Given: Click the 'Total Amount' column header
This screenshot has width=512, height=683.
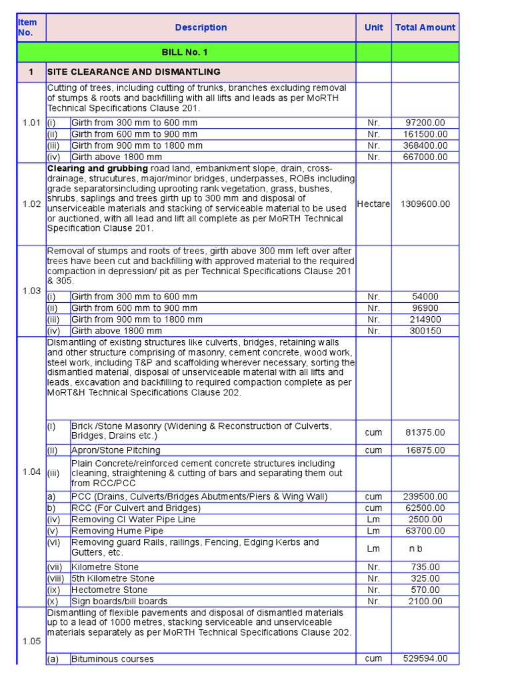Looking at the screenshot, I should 425,27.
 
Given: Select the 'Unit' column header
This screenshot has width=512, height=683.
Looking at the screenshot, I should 373,27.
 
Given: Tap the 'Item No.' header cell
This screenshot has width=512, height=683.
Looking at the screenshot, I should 27,27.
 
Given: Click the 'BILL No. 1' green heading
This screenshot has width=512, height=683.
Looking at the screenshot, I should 185,52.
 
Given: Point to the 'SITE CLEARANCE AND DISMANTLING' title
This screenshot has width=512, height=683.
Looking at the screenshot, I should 133,71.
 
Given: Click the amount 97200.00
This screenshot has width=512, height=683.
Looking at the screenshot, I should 425,123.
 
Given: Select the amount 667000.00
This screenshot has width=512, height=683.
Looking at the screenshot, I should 425,157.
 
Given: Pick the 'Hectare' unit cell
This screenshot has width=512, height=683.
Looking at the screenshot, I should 373,203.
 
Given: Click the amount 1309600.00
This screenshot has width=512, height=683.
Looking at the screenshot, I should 425,203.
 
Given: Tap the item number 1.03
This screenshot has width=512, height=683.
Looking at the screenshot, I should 31,291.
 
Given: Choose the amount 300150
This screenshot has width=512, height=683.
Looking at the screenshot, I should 425,331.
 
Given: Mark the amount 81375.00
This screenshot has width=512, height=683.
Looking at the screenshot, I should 425,432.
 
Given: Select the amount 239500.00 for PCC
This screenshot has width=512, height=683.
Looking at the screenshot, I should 425,496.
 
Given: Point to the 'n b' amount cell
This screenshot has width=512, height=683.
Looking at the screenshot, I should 416,548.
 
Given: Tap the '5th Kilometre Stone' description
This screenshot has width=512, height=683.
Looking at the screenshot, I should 113,578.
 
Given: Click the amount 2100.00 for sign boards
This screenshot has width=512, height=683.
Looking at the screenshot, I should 425,601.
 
